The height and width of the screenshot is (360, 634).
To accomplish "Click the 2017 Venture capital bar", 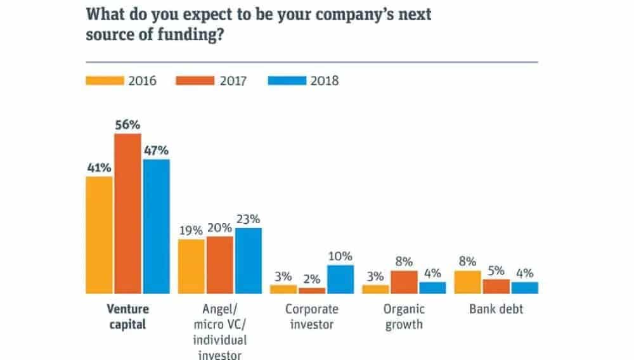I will (127, 214).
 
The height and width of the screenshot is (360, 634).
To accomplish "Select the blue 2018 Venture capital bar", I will (156, 226).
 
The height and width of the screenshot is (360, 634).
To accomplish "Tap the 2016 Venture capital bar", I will (99, 235).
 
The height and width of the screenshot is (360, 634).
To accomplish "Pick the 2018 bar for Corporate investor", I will (340, 280).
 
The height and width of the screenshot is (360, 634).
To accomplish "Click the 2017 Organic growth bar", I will (404, 283).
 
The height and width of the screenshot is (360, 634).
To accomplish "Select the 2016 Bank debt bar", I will (468, 283).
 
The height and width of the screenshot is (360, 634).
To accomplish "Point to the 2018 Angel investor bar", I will (248, 260).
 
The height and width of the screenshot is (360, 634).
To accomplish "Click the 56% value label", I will (127, 125).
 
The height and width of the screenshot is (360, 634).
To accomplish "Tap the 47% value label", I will (156, 150).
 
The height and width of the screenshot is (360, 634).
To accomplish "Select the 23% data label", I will (248, 219).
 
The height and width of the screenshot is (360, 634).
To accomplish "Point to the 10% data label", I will (340, 256).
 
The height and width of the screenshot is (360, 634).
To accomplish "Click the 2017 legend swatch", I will (196, 80).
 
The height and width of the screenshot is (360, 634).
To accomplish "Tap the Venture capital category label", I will (127, 317).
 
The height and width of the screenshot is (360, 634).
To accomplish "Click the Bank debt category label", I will (496, 310).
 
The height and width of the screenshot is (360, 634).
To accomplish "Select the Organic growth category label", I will (404, 317).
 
